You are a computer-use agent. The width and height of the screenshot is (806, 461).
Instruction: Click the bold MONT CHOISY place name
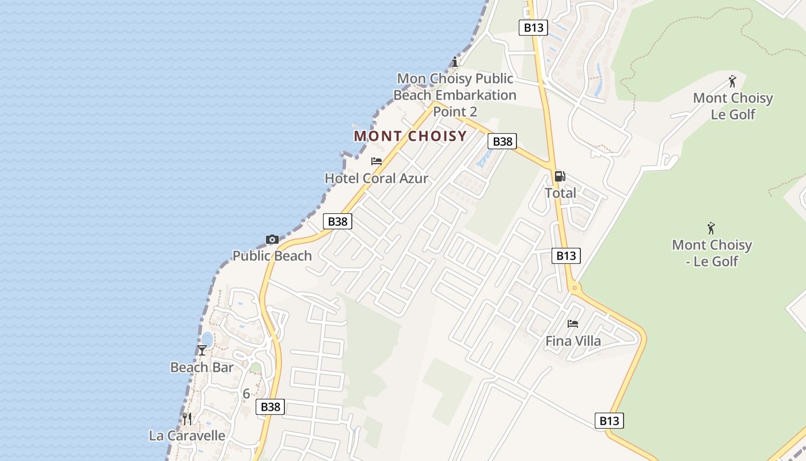click(410, 137)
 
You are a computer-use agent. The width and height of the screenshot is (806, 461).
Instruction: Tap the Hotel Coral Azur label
click(377, 179)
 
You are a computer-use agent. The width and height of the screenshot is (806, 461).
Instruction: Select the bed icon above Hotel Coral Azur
click(377, 161)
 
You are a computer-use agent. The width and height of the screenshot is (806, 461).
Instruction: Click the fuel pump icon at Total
click(560, 176)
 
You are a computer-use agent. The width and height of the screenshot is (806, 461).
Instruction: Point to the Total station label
click(560, 193)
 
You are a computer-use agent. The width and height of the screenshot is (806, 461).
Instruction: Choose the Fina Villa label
click(573, 341)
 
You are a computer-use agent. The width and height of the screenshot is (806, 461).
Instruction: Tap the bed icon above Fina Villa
click(573, 324)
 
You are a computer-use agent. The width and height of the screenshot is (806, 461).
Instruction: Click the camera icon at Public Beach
click(272, 239)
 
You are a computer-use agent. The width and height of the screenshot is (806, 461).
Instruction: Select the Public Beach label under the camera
click(272, 256)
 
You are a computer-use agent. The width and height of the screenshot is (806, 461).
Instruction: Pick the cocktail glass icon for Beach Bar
click(202, 350)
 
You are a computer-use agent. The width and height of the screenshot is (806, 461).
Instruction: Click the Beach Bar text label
click(202, 367)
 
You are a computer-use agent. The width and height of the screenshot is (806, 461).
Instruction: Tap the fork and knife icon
click(187, 418)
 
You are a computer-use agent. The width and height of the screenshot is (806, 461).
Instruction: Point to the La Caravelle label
click(187, 436)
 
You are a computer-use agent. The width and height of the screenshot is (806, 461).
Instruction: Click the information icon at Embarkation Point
click(455, 62)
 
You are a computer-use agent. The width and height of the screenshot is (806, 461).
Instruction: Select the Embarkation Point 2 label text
click(457, 95)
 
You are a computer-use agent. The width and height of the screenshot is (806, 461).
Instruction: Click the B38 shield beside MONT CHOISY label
click(502, 141)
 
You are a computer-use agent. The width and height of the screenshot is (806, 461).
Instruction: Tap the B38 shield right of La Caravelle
click(270, 407)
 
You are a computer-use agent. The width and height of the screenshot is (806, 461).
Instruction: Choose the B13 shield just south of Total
click(566, 255)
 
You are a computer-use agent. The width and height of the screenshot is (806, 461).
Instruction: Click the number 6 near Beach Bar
click(246, 394)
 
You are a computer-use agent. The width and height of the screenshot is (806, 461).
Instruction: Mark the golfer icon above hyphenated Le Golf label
click(712, 228)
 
